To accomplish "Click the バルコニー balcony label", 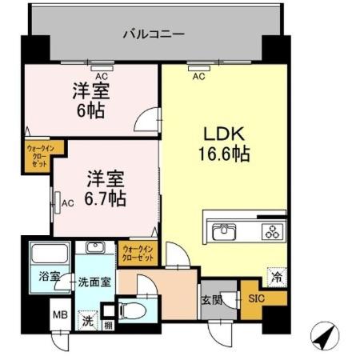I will point(154,34).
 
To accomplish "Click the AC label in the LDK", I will point(198,77).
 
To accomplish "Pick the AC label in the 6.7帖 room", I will point(68,203).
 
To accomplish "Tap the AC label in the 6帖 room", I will point(101,76).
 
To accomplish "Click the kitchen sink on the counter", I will point(223,233).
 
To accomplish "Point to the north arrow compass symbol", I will point(322,336).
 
